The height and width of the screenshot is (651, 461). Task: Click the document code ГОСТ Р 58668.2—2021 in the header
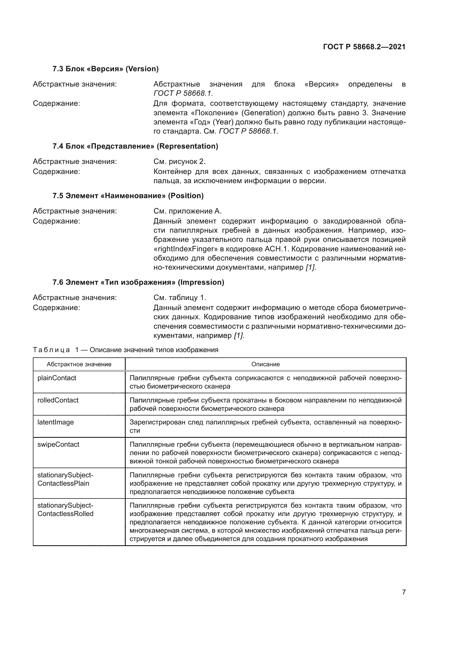point(364,47)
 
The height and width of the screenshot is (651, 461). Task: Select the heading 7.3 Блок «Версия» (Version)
point(105,69)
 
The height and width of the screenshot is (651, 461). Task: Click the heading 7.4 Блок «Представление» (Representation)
point(135,146)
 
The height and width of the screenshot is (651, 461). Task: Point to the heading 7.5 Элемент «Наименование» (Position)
point(128,196)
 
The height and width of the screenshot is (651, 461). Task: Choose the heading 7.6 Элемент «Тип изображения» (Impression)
point(138,282)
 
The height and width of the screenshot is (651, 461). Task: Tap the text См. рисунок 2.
point(179,162)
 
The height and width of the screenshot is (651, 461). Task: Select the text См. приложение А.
point(187,211)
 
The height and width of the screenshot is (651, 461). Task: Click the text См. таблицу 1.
point(180,298)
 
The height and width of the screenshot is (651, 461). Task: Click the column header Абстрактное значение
point(79,364)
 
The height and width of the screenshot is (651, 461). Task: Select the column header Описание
point(265,364)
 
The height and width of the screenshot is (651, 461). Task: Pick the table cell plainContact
point(57,378)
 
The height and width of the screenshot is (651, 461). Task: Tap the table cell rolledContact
point(58,400)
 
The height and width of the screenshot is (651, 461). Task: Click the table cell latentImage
point(56,422)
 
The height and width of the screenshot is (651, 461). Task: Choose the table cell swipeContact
point(58,444)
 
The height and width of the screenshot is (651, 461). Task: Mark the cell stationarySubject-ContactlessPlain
point(65,479)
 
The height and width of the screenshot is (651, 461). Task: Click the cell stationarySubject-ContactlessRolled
point(65,510)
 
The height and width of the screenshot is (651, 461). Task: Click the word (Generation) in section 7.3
point(263,113)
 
